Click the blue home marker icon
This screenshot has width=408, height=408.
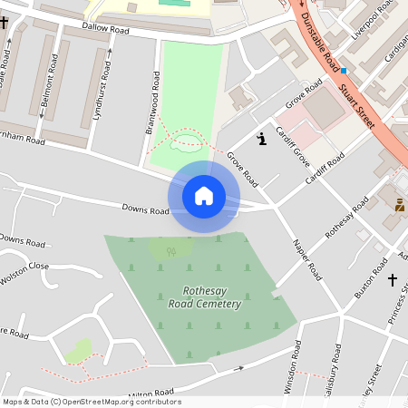[204, 195]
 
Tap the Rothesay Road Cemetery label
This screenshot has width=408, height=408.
[205, 299]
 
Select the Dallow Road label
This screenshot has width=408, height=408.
[107, 30]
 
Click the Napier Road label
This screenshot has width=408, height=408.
[307, 259]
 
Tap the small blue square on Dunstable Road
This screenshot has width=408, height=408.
[344, 70]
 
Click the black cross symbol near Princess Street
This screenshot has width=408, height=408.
[393, 279]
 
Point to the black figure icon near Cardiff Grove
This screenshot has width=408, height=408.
[262, 138]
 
